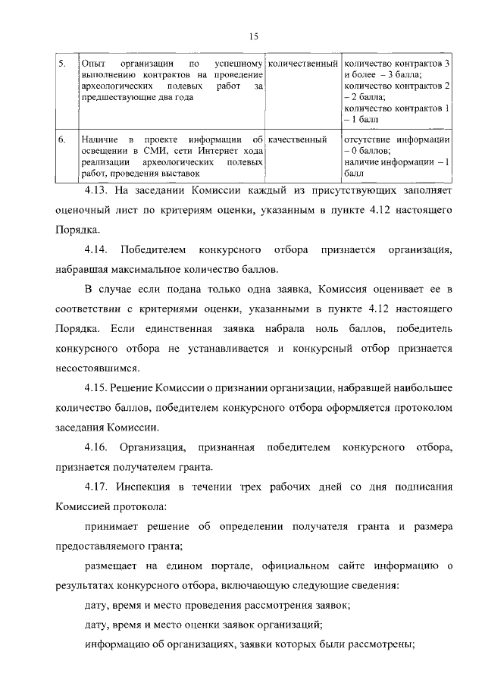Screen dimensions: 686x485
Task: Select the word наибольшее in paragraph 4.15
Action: (417, 387)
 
